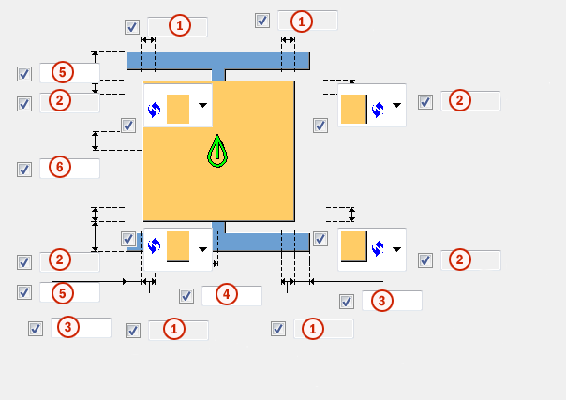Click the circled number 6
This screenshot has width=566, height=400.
(58, 168)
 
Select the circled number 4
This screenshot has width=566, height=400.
(224, 294)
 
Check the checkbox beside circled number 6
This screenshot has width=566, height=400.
(24, 170)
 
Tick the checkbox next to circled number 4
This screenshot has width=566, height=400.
(186, 296)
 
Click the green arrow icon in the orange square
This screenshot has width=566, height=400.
(217, 151)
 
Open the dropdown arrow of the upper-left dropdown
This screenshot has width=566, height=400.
(202, 106)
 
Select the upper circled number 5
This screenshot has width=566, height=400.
(60, 71)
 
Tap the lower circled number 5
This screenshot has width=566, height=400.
(60, 293)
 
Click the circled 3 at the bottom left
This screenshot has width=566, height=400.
(67, 327)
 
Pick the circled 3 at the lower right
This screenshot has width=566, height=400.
(380, 300)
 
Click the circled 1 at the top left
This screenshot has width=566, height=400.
(178, 25)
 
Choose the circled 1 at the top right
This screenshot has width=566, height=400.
(301, 19)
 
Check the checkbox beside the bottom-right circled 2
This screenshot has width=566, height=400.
(425, 260)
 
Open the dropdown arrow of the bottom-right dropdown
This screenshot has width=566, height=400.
(396, 249)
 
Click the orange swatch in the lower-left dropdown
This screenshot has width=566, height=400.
(177, 246)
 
